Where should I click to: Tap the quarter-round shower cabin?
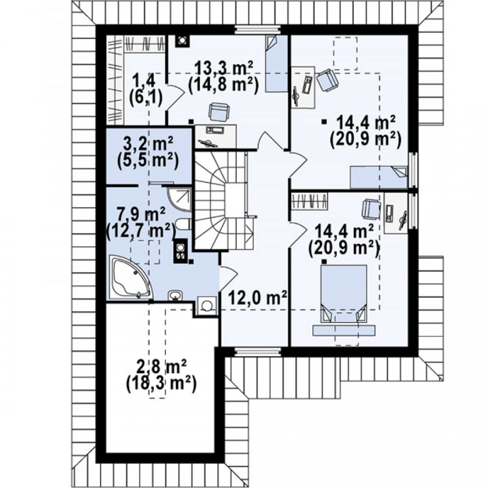180,199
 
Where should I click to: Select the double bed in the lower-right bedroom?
344,293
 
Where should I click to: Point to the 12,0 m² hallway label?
258,299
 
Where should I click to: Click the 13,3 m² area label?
224,68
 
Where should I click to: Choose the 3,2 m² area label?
148,144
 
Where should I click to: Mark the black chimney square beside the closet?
182,41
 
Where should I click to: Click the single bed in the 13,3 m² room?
276,63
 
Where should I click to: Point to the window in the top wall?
257,30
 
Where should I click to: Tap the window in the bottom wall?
257,352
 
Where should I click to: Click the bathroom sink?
176,296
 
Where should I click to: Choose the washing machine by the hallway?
206,305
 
